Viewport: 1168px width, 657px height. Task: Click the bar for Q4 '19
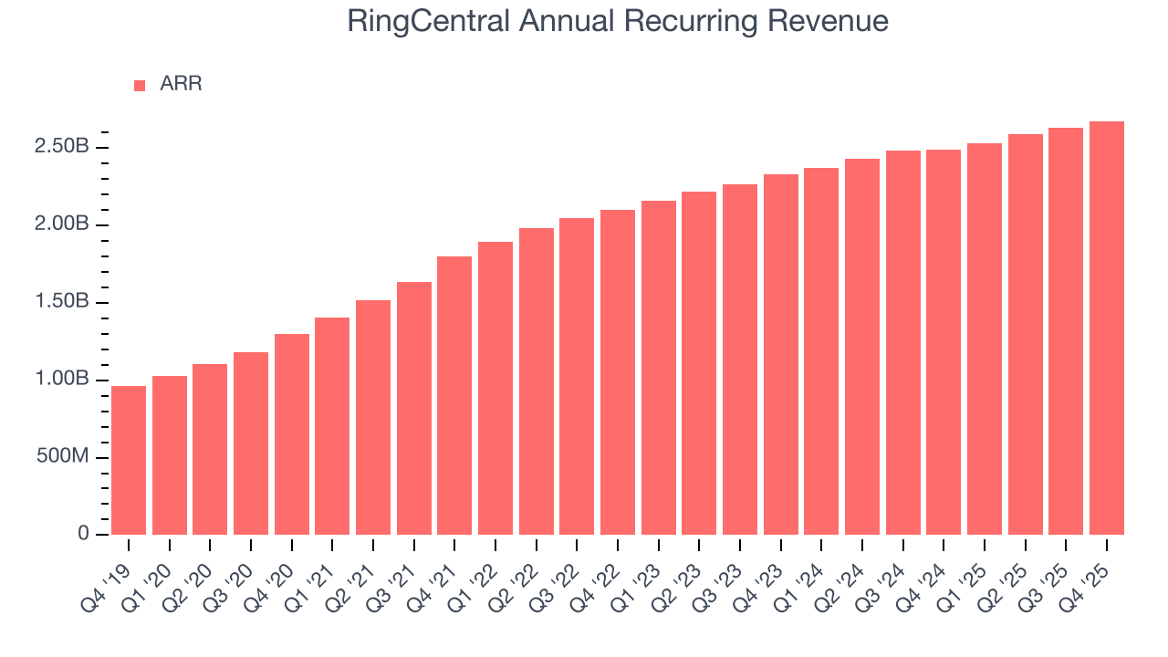coord(129,460)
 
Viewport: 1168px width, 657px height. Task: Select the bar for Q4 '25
coord(1107,328)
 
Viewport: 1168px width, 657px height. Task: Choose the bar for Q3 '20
coord(251,443)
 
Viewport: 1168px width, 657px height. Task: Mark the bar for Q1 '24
coord(821,351)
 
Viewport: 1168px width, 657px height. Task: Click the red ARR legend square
coord(140,85)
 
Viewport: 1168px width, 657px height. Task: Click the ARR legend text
coord(181,84)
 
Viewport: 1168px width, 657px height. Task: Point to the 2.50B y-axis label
coord(63,147)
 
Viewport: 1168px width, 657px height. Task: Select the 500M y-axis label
coord(63,456)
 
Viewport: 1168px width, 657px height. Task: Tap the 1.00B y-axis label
coord(63,379)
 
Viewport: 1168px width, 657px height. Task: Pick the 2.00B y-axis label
coord(63,224)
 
